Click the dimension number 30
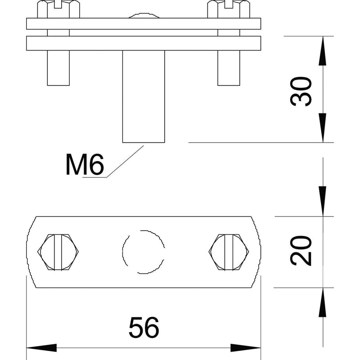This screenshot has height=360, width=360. click(301, 92)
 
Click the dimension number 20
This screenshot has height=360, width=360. click(301, 251)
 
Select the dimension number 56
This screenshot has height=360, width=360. click(144, 328)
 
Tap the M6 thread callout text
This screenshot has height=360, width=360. click(85, 164)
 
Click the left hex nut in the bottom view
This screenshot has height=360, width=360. click(58, 252)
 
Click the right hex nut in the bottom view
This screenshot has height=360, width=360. click(229, 252)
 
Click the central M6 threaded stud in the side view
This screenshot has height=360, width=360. click(144, 96)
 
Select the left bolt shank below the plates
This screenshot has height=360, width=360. click(58, 68)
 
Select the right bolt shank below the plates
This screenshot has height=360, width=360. click(229, 68)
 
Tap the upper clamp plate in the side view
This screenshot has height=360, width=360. click(144, 24)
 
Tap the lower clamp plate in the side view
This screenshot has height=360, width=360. click(144, 43)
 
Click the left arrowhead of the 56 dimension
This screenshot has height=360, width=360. click(41, 348)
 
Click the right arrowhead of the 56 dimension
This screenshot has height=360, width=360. click(246, 348)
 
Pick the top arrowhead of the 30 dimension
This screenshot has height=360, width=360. click(323, 51)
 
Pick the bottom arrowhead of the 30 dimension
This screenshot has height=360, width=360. click(323, 128)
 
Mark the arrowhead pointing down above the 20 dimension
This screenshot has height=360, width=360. click(323, 201)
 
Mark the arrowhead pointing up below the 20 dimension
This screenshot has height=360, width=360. click(323, 302)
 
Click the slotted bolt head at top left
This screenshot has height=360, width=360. click(58, 9)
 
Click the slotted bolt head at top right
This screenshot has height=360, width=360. click(229, 9)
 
